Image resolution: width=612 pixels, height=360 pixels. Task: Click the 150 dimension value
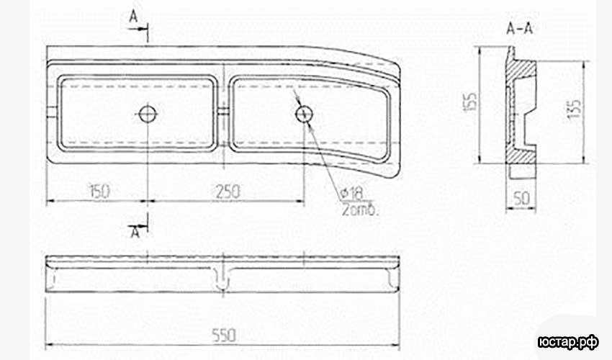(x=100, y=192)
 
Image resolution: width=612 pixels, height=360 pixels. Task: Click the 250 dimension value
(x=228, y=192)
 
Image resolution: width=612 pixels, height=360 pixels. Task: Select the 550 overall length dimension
(x=224, y=335)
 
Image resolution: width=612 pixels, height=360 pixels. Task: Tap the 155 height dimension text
(x=471, y=102)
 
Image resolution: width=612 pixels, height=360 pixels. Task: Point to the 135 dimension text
(x=574, y=109)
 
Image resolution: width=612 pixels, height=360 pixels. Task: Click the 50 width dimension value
(x=522, y=198)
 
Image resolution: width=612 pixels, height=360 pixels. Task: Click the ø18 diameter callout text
(x=351, y=192)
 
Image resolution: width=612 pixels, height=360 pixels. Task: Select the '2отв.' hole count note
(x=360, y=210)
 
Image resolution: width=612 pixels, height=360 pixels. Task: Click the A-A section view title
(x=520, y=29)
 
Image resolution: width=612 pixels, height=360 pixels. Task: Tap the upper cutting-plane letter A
(x=134, y=17)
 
